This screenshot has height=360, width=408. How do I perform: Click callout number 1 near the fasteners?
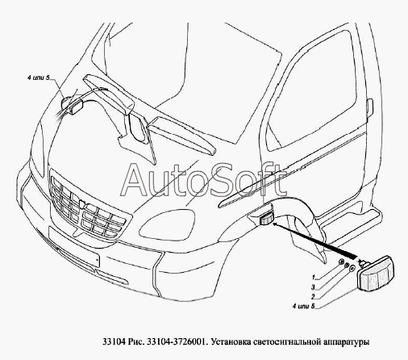pos(313,277)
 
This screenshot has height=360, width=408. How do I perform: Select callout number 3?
pos(313,287)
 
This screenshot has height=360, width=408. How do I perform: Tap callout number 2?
pos(313,297)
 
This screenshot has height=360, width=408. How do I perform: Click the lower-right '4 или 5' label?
pos(304,306)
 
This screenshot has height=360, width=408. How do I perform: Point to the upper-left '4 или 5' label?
pos(39,77)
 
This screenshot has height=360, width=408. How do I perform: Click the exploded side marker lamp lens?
pos(377,273)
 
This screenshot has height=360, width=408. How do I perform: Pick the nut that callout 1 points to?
pos(341,262)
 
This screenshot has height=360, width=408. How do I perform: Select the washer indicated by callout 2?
pos(352,269)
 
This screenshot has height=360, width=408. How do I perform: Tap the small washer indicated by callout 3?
pos(347,265)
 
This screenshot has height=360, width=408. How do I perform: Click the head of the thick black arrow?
pos(276,224)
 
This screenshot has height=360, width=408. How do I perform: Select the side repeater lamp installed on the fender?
pos(266,218)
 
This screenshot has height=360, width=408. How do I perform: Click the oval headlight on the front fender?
pos(167,224)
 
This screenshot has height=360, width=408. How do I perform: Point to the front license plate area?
pos(74,247)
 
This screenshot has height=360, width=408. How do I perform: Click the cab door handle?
pos(369,108)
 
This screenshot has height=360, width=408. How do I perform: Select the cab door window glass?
pos(312,90)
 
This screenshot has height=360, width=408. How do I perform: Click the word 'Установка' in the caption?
pos(231,342)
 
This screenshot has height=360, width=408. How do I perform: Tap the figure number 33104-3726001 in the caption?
pos(177,342)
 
